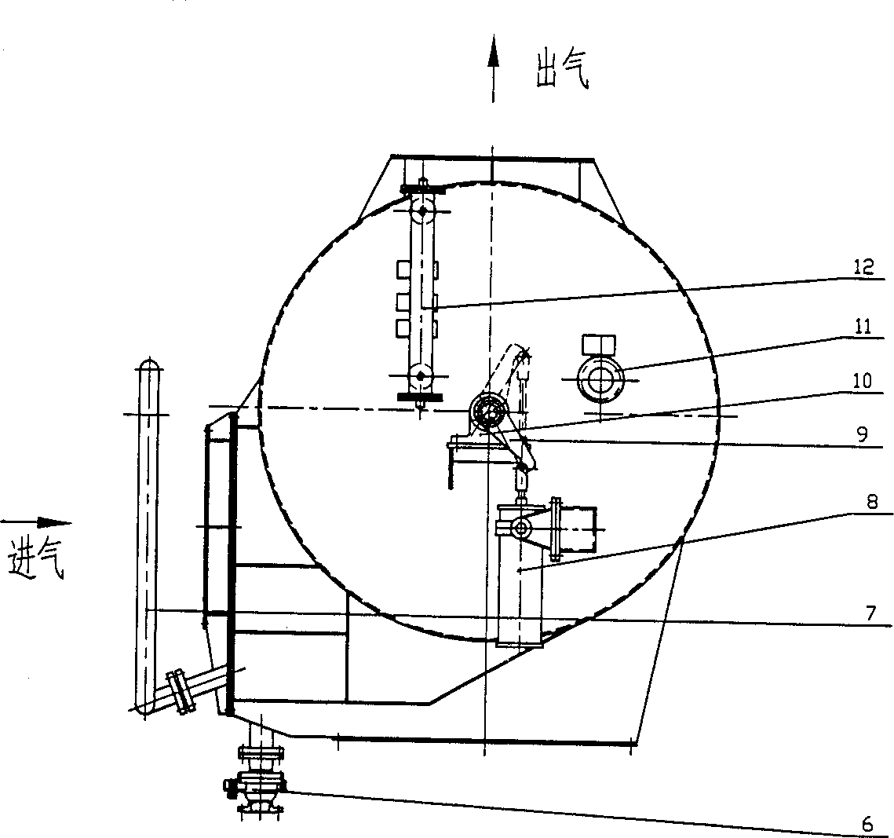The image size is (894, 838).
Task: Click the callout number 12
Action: coord(864,267)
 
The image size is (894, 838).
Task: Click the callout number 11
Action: coord(864,327)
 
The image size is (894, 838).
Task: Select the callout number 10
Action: coord(862,380)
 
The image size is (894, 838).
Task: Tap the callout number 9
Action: coord(862,434)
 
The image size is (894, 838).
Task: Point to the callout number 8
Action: coord(872,503)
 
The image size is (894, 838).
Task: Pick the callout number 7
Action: coord(870,613)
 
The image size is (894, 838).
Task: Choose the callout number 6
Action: coord(867,824)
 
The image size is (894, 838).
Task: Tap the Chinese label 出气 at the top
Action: coord(562,71)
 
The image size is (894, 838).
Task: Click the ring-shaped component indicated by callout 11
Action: coord(600,379)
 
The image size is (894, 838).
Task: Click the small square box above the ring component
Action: coord(599,345)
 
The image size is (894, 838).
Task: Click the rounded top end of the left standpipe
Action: coord(149,365)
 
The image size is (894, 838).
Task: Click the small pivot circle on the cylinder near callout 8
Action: coord(520,529)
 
